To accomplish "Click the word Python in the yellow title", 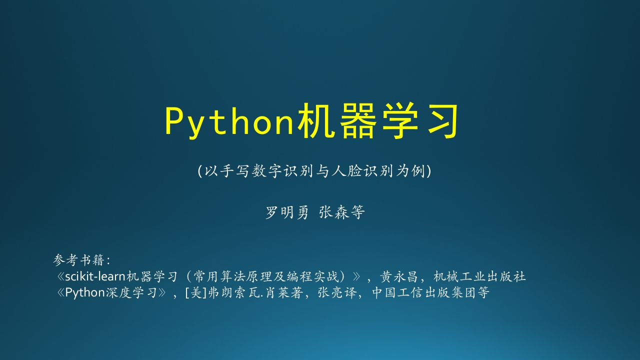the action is point(229,121).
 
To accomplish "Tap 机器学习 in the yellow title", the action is point(377,121).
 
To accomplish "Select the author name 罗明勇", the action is point(287,212).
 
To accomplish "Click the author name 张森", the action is point(333,212).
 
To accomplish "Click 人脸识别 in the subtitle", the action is point(362,171).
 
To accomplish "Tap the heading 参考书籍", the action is point(79,260).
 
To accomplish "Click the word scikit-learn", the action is point(95,276).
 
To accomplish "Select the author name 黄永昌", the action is point(399,276).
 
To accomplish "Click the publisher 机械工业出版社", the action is point(479,276).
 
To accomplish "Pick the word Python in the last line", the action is point(85,293).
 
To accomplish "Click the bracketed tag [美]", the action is point(196,293).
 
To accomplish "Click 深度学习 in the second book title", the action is point(131,293).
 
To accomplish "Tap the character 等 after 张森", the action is point(357,212).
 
